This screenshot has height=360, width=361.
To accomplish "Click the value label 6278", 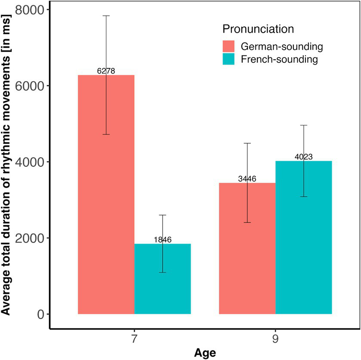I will pyautogui.click(x=106, y=71).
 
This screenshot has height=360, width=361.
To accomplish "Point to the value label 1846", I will pyautogui.click(x=163, y=240).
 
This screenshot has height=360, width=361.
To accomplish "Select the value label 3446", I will pyautogui.click(x=247, y=179).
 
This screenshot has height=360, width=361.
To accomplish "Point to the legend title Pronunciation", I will pyautogui.click(x=258, y=29).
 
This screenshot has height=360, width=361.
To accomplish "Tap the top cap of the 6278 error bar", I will pyautogui.click(x=106, y=15).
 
